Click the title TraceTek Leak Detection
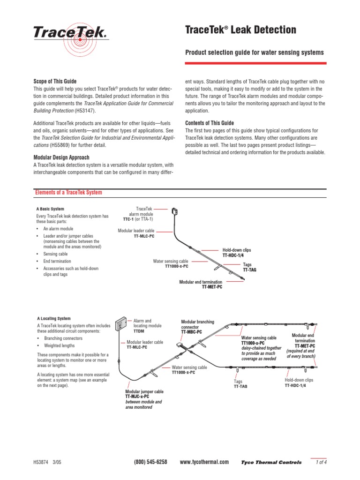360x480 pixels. click(241, 30)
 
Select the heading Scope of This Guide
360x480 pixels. click(54, 81)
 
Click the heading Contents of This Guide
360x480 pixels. click(210, 123)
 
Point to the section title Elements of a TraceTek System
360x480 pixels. click(69, 193)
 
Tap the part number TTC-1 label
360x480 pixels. click(129, 219)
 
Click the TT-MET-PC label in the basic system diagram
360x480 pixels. click(212, 286)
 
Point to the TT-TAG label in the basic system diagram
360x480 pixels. click(249, 270)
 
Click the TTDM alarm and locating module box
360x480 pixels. click(121, 323)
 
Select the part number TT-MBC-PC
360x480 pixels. click(192, 332)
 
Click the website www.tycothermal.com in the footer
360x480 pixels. click(204, 462)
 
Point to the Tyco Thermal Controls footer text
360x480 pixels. click(271, 462)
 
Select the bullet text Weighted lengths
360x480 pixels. click(60, 345)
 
